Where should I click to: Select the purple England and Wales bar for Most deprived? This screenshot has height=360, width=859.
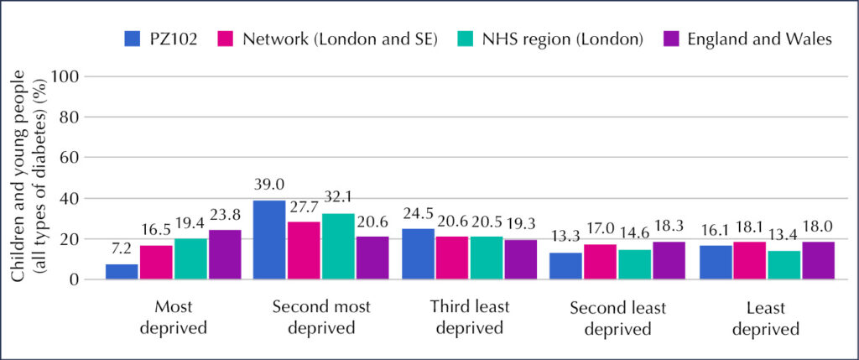point(224,254)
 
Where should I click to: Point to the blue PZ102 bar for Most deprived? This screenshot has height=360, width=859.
point(122,271)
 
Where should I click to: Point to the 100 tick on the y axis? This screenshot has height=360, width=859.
point(66,76)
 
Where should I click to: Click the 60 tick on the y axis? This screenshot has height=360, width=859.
point(70,157)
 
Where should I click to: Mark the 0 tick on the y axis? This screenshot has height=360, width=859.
point(75,279)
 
